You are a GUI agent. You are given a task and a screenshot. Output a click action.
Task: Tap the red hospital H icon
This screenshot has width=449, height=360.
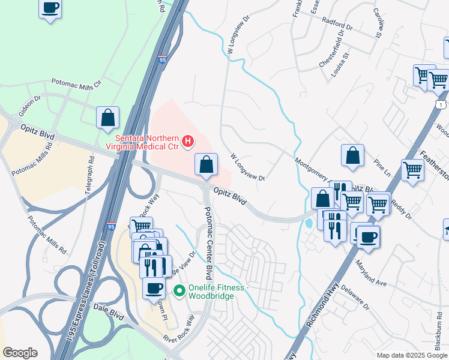(x=188, y=142)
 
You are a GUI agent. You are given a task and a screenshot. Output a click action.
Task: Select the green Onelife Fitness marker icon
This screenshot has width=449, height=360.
(x=178, y=291)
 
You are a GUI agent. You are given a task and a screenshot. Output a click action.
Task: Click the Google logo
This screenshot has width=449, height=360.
(x=20, y=353)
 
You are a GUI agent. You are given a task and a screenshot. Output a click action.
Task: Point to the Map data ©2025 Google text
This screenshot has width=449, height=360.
(x=411, y=355)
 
